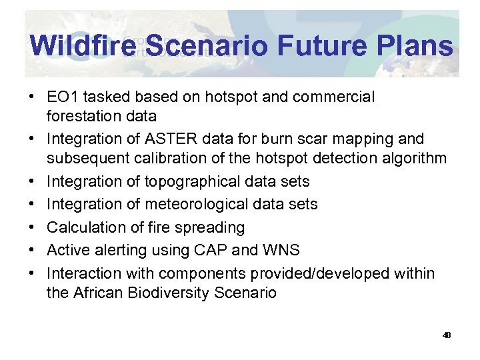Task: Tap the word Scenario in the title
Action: coord(207,46)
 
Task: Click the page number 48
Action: coord(447,335)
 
